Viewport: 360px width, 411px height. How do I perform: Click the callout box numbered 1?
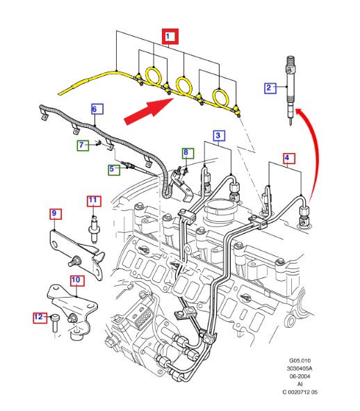click(170, 36)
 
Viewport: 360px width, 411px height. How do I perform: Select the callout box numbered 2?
click(270, 88)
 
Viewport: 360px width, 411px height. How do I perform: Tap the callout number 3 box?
click(218, 136)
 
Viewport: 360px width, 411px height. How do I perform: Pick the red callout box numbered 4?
click(289, 158)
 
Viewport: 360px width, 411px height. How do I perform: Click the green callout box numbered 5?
click(114, 170)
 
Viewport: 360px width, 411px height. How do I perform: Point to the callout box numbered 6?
click(97, 109)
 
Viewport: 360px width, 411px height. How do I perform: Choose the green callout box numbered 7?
click(83, 145)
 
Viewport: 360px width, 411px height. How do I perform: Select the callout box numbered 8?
click(188, 153)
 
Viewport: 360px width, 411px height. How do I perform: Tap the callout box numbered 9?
click(56, 214)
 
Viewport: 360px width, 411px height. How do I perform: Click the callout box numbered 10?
click(77, 280)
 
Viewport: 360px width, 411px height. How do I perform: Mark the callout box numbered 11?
click(94, 201)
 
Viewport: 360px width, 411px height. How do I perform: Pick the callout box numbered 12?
click(40, 318)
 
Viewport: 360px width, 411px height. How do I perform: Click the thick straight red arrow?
click(149, 111)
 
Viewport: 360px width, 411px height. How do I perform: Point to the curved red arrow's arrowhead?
click(300, 112)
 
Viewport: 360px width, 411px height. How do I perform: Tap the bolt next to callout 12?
click(56, 324)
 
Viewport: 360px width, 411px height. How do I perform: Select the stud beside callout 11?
click(94, 229)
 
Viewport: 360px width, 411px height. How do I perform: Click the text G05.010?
click(300, 361)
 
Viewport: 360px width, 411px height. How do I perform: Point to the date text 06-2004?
click(300, 376)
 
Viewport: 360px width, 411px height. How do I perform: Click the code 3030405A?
click(300, 369)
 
